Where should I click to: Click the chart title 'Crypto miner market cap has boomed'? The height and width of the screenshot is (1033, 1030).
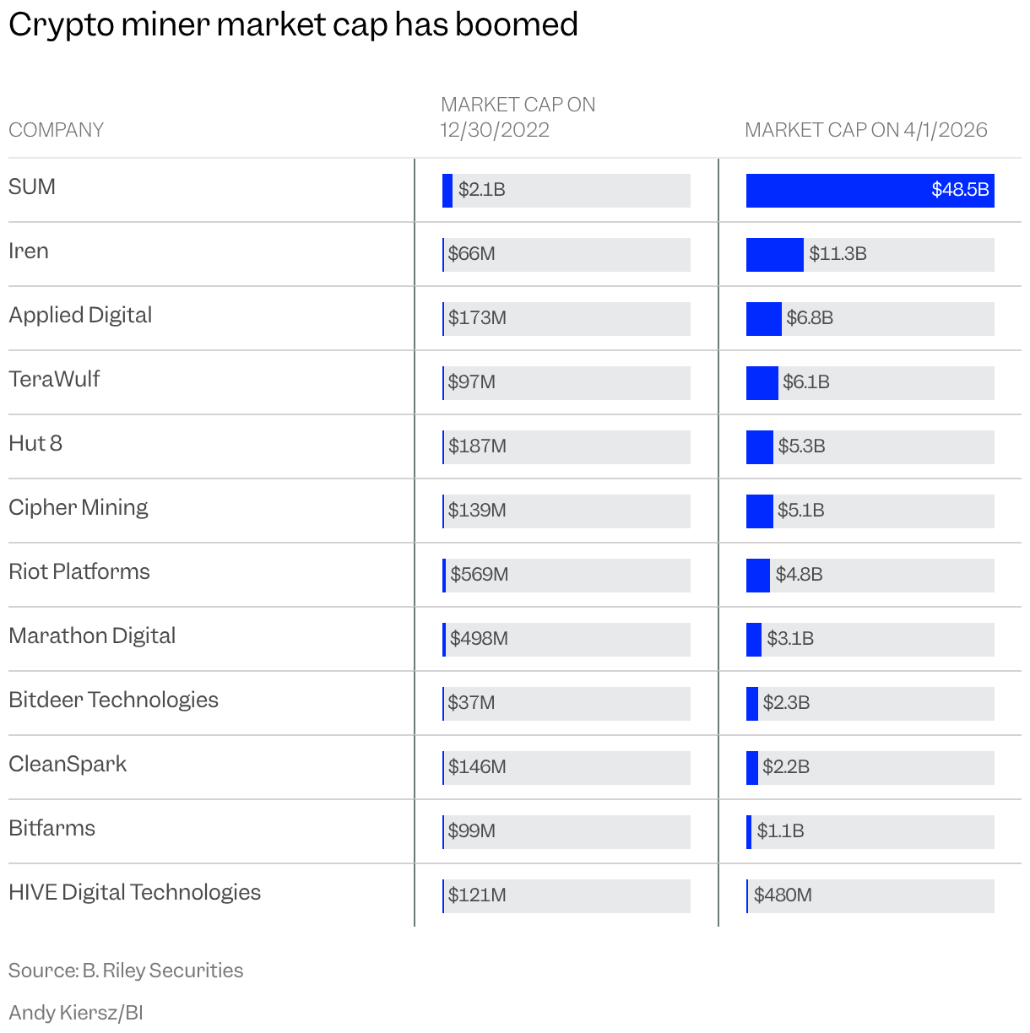pyautogui.click(x=293, y=25)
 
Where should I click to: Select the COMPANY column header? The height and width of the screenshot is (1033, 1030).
pyautogui.click(x=56, y=130)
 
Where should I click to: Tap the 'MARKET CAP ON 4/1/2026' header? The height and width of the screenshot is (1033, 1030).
pyautogui.click(x=865, y=130)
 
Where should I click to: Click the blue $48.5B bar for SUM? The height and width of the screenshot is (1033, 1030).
pyautogui.click(x=870, y=191)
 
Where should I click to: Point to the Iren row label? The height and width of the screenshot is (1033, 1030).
pyautogui.click(x=29, y=251)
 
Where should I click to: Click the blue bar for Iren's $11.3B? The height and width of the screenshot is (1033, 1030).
pyautogui.click(x=774, y=255)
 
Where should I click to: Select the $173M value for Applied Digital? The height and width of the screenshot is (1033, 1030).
pyautogui.click(x=477, y=318)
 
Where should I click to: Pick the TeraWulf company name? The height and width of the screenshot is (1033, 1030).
pyautogui.click(x=54, y=380)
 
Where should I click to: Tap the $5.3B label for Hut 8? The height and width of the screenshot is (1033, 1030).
pyautogui.click(x=801, y=446)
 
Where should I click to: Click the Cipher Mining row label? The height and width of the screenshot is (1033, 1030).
pyautogui.click(x=79, y=508)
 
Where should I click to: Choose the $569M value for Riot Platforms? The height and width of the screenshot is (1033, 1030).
pyautogui.click(x=479, y=575)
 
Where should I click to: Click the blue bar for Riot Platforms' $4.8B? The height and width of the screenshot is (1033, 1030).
pyautogui.click(x=757, y=576)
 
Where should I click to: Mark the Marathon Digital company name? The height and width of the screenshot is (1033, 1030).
pyautogui.click(x=92, y=636)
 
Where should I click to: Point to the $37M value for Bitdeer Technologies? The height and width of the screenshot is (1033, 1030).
pyautogui.click(x=471, y=703)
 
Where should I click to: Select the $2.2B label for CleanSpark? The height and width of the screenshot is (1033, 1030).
pyautogui.click(x=786, y=767)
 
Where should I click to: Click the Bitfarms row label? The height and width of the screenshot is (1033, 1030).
pyautogui.click(x=51, y=829)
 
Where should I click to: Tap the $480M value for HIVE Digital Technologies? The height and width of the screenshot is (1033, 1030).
pyautogui.click(x=783, y=895)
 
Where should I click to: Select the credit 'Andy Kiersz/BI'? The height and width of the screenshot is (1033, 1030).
pyautogui.click(x=76, y=1013)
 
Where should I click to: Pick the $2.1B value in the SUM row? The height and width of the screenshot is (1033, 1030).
pyautogui.click(x=481, y=190)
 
